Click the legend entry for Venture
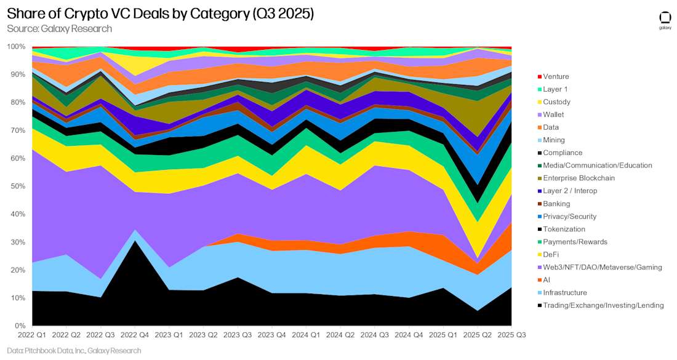(556, 76)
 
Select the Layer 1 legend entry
(556, 89)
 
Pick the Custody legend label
(556, 102)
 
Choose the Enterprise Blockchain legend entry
(578, 178)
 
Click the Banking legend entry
(556, 204)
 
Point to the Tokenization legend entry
(564, 229)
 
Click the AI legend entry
(547, 280)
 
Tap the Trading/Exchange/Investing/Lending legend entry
(603, 305)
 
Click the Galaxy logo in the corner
(665, 20)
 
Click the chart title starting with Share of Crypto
(161, 14)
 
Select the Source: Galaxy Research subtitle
(60, 29)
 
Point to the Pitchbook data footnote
(74, 351)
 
